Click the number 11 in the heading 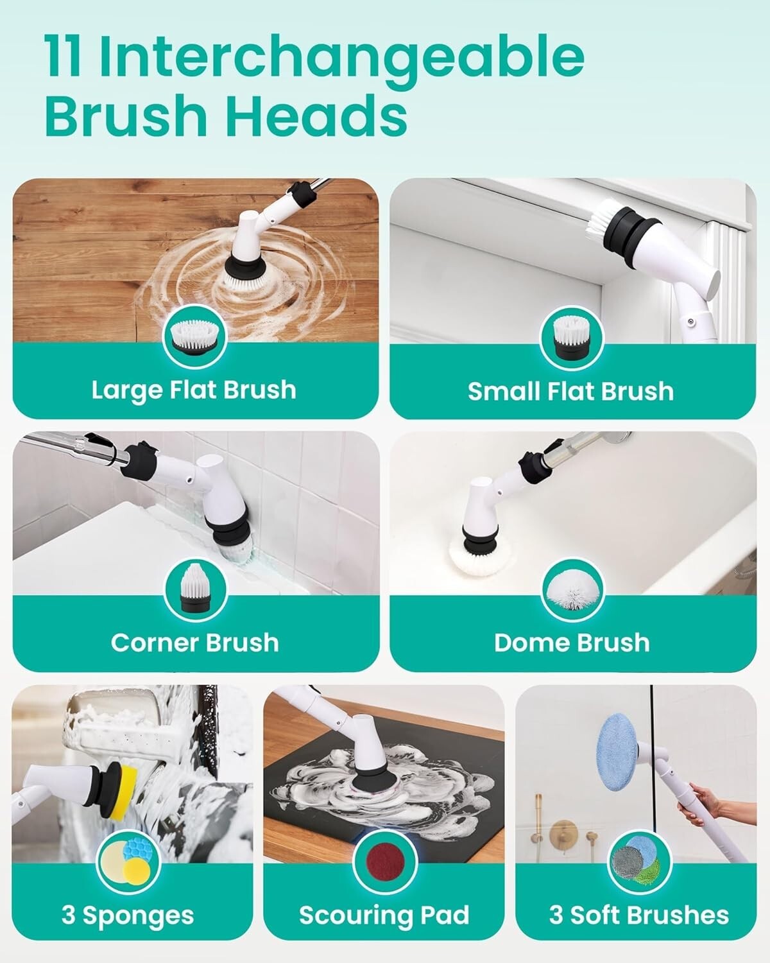point(62,55)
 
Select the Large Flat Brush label point(194,390)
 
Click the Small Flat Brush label point(570,392)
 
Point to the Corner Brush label point(195,643)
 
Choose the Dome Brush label point(572,643)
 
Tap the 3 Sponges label point(128,902)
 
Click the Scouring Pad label point(384,902)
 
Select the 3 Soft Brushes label point(639,902)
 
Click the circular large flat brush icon point(195,337)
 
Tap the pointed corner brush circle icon point(196,589)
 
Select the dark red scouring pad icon point(385,863)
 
